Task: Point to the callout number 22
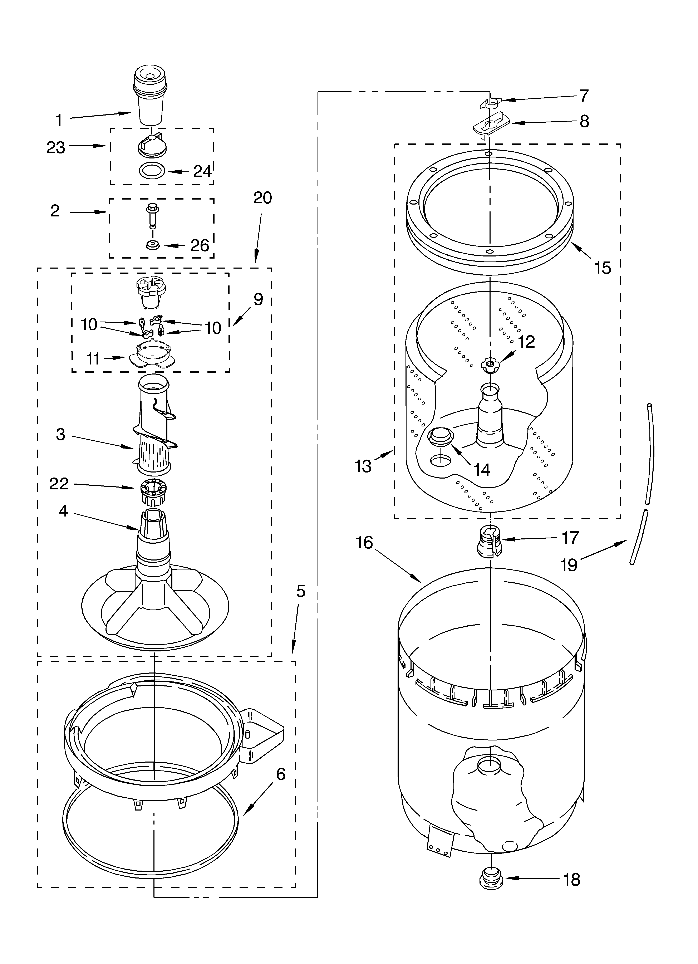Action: click(59, 484)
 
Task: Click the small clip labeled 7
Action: click(490, 102)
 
